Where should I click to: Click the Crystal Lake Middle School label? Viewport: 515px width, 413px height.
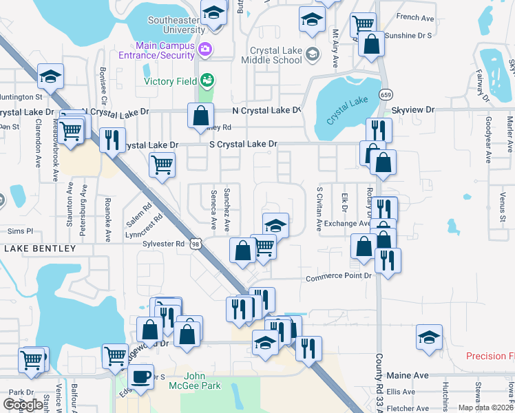[275, 55]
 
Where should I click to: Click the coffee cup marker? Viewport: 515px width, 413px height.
[140, 378]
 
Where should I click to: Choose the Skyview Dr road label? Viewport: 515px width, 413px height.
[413, 109]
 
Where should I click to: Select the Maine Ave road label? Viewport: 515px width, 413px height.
[408, 375]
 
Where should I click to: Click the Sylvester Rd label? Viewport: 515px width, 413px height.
[163, 244]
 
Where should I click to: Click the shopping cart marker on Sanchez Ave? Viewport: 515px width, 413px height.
[264, 247]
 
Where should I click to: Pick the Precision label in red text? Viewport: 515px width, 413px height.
[490, 356]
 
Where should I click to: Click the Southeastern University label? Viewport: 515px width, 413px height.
[176, 25]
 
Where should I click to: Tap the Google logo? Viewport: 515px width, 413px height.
[23, 405]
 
